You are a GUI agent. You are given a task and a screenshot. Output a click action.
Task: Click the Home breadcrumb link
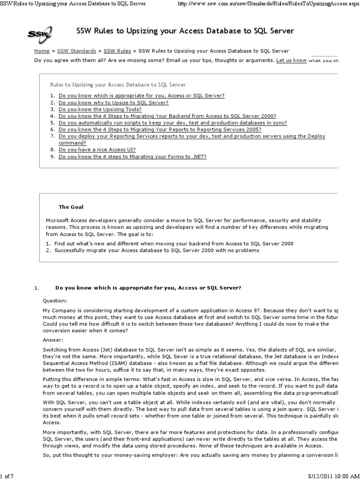tap(42, 51)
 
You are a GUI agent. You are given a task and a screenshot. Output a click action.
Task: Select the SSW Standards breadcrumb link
tap(77, 51)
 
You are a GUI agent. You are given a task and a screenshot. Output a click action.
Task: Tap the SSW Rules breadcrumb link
tap(117, 51)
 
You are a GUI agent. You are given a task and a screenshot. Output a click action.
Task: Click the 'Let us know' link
tap(291, 60)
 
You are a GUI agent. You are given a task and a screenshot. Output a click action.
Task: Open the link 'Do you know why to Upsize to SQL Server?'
tap(113, 102)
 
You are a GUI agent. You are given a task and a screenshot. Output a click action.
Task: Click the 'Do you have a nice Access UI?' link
tap(104, 150)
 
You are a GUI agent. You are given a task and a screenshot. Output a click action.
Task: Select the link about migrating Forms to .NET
tap(132, 157)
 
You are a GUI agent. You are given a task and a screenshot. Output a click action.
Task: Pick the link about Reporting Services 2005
tap(160, 129)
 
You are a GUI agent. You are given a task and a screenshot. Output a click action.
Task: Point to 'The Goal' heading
tap(71, 206)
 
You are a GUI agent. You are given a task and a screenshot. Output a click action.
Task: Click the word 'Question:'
tap(55, 300)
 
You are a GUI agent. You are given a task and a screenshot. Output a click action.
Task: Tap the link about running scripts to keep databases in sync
tap(172, 123)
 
